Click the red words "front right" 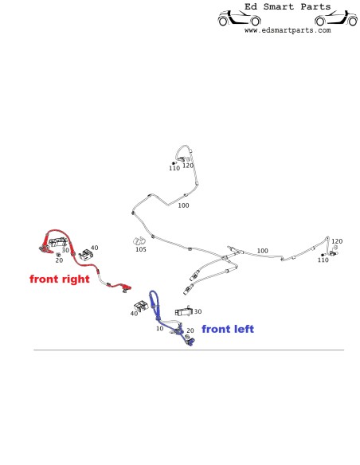pos(60,279)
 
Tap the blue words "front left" pos(228,329)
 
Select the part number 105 pos(141,249)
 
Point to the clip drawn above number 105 pos(139,241)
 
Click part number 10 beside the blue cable pos(159,328)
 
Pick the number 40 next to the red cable pos(94,248)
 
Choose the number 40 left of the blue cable pos(134,314)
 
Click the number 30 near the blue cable pos(198,311)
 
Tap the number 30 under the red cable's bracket pos(65,250)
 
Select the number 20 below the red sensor pos(59,260)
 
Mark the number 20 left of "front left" pos(190,330)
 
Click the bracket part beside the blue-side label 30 pos(184,311)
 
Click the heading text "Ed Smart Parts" pos(288,6)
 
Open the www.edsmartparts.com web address pos(288,30)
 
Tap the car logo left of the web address pos(239,18)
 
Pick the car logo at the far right pos(336,18)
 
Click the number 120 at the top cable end pos(188,166)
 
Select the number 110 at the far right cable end pos(323,260)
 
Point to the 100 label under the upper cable pos(183,205)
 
